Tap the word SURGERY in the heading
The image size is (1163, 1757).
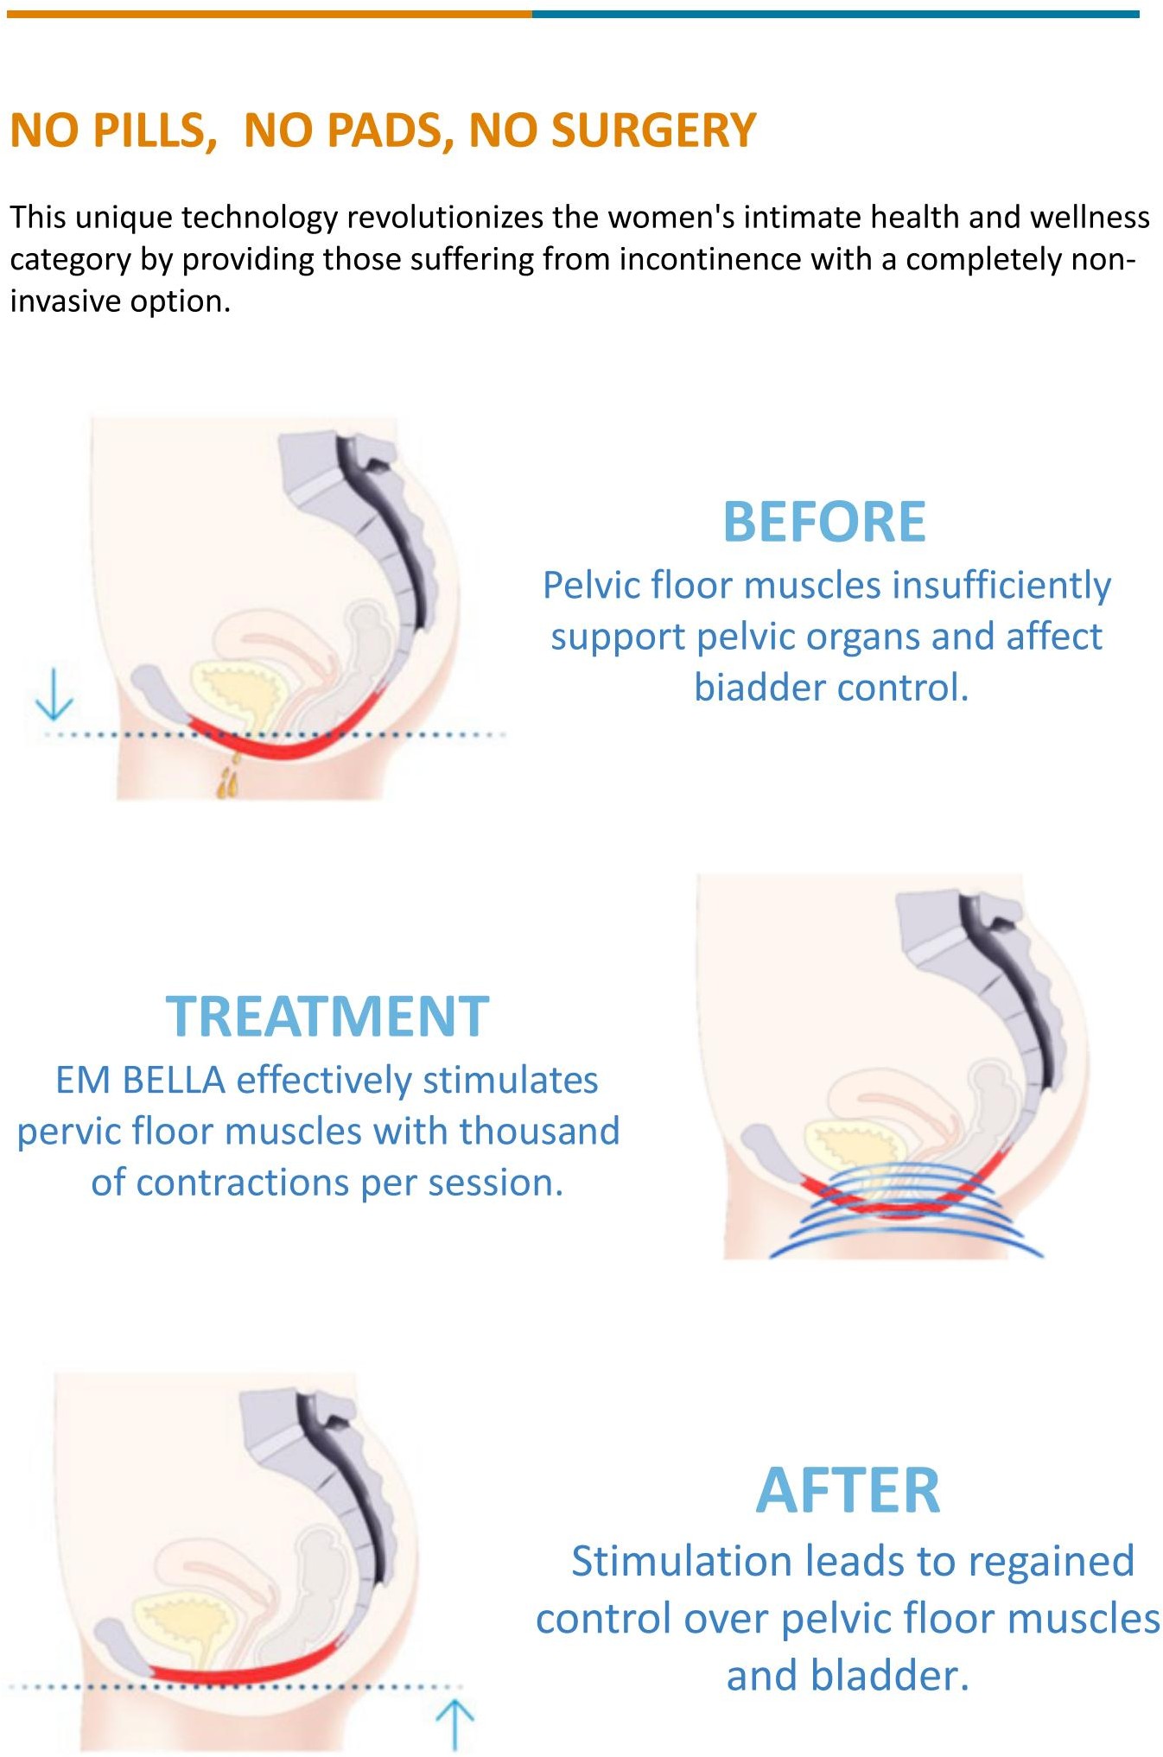tap(654, 130)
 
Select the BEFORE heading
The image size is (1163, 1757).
tap(824, 522)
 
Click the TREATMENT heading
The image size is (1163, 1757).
tap(327, 1016)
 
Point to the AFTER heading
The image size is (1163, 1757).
tap(848, 1491)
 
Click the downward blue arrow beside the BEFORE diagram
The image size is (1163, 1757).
tap(54, 694)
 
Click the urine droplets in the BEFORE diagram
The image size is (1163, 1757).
tap(229, 776)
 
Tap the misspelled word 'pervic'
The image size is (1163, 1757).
tap(71, 1132)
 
